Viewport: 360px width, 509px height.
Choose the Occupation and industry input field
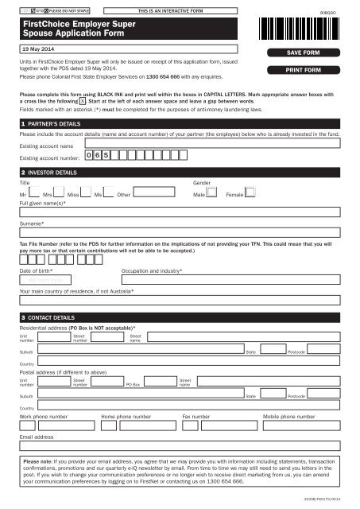point(230,280)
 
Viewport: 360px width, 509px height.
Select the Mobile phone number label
point(288,416)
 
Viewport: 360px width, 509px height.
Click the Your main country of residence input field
point(180,301)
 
